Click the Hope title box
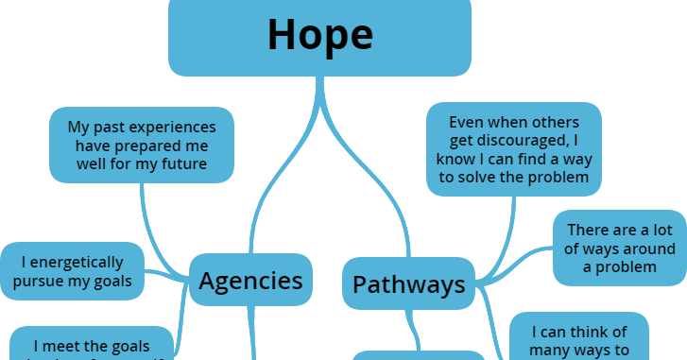click(x=319, y=37)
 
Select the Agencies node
click(x=250, y=280)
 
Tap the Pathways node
click(x=408, y=283)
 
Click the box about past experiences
click(x=142, y=146)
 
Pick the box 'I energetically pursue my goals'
click(x=73, y=271)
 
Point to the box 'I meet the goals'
click(x=91, y=345)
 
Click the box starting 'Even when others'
click(x=514, y=149)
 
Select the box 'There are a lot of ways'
click(x=619, y=248)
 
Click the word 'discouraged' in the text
click(x=508, y=141)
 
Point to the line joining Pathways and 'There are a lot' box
click(x=520, y=260)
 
